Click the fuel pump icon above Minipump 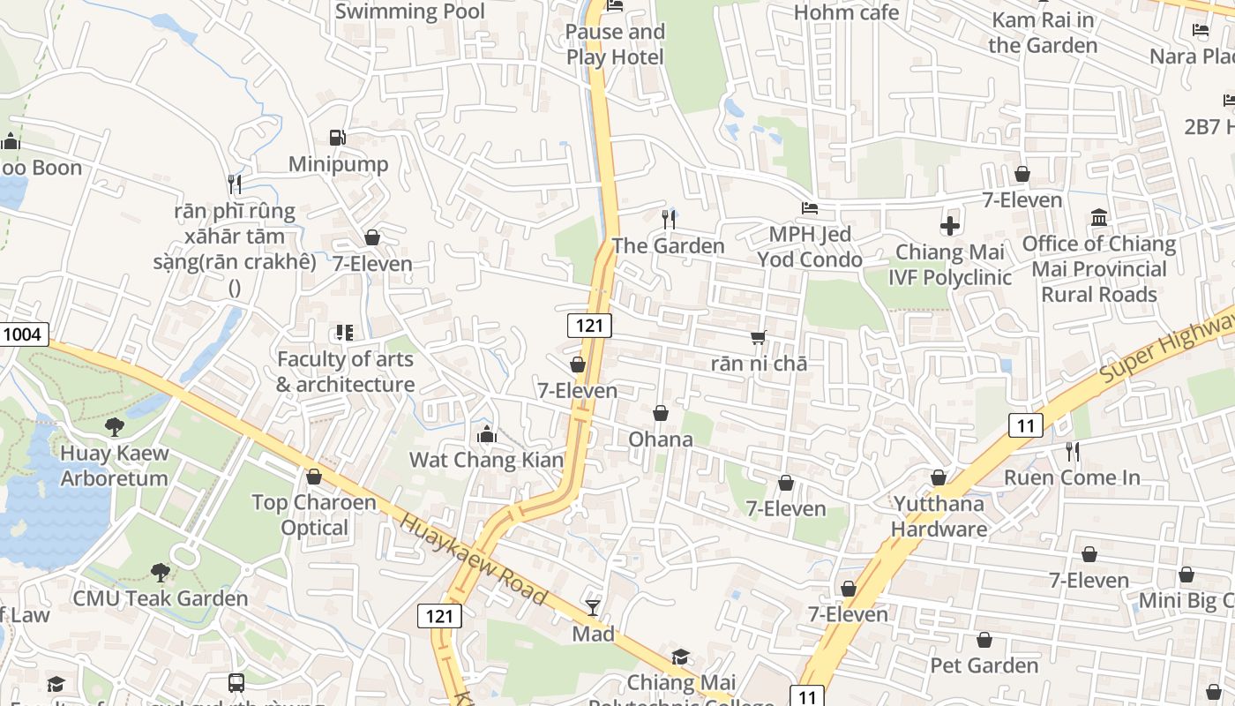(x=337, y=138)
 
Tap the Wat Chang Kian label (x=486, y=460)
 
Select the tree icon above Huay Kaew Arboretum (x=114, y=427)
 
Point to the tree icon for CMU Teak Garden (x=160, y=573)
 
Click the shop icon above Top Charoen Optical (x=313, y=477)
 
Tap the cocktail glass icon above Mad (x=593, y=607)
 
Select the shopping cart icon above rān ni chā (x=759, y=337)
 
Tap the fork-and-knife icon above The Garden (x=669, y=219)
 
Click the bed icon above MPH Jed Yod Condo (x=809, y=209)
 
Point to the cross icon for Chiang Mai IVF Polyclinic (x=949, y=226)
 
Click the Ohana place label (x=661, y=439)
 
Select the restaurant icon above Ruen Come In (x=1072, y=452)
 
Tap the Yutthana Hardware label (x=939, y=516)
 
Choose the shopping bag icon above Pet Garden (x=984, y=640)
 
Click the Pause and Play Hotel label (x=615, y=44)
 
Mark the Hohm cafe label (x=846, y=12)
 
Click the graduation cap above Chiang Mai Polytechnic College (x=680, y=657)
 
